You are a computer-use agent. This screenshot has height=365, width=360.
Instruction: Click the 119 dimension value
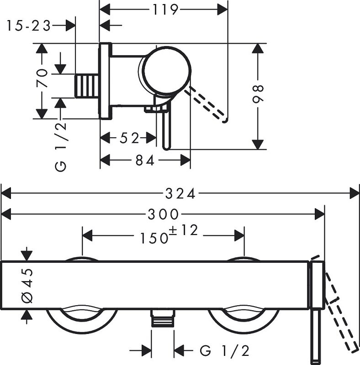point(164,9)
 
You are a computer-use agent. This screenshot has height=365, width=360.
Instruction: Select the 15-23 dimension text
point(28,26)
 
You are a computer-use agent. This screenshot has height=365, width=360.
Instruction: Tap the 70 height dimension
point(42,78)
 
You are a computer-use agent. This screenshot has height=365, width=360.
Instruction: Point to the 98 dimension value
point(259,95)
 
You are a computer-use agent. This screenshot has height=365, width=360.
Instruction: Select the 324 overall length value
point(180,193)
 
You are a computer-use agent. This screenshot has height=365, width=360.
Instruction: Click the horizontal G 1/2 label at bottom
point(224,350)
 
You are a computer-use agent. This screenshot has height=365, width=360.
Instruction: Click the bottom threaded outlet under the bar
point(163,319)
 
